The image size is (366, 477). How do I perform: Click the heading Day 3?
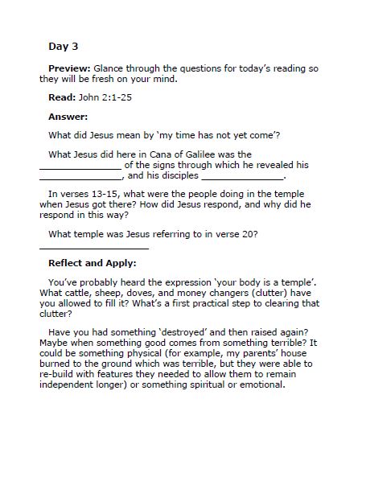point(64,47)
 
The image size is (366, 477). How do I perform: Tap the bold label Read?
point(62,97)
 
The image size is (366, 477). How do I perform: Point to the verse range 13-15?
point(101,194)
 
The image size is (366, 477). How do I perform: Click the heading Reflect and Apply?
point(93,263)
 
